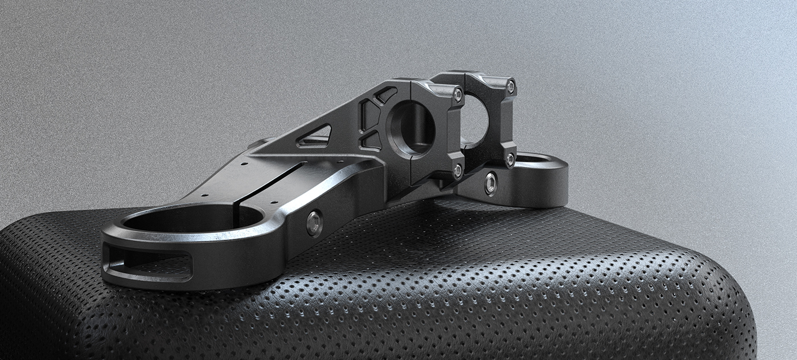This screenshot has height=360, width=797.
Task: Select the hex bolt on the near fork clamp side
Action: point(314,223)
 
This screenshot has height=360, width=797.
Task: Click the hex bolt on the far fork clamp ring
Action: point(490,183)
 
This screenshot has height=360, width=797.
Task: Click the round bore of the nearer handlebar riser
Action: point(411,129)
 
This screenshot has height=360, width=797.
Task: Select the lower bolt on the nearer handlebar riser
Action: point(457,170)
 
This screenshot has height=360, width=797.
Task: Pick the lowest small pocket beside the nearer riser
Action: point(372,140)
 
